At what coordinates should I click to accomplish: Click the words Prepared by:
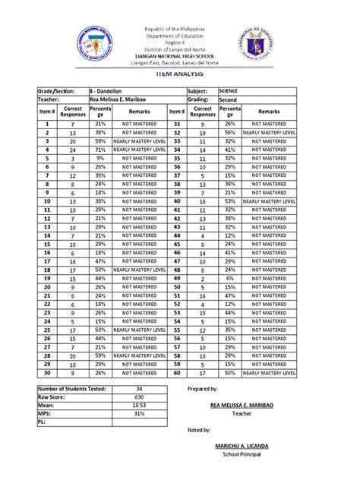click(202, 388)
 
